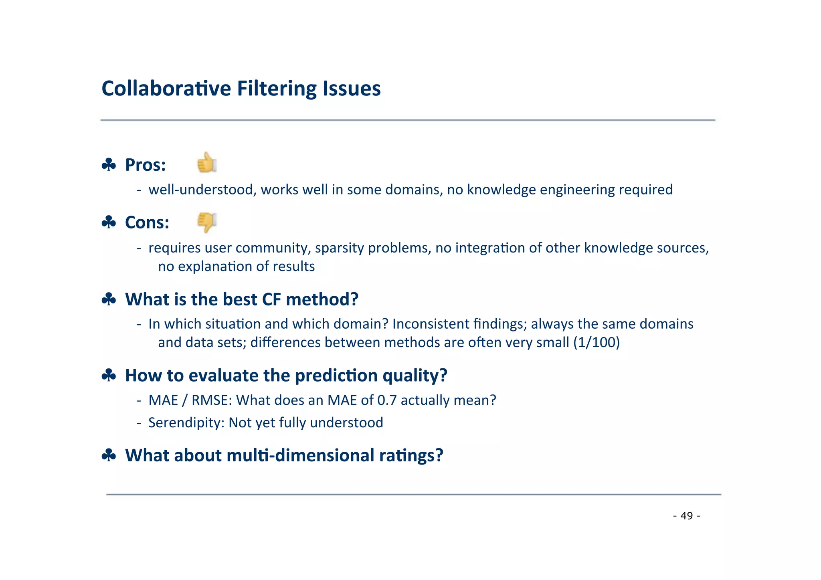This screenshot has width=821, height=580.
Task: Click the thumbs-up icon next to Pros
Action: (207, 163)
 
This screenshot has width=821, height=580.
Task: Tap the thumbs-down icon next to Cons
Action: (207, 222)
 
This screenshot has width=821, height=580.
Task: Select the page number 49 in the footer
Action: (687, 515)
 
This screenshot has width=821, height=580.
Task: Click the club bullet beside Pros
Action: (109, 165)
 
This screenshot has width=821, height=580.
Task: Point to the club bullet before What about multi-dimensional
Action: (109, 455)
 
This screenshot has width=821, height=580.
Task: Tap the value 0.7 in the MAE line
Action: (387, 400)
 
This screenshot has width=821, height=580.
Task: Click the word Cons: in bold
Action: (147, 222)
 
